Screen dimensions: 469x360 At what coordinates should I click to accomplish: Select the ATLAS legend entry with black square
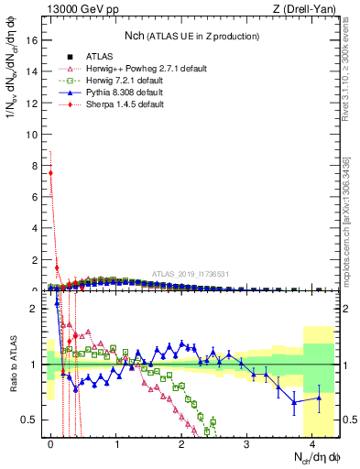95,57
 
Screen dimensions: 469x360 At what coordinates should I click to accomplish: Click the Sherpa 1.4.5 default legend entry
119,104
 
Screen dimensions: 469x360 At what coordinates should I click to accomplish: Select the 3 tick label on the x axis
246,442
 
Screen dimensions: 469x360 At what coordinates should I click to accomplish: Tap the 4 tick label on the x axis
312,442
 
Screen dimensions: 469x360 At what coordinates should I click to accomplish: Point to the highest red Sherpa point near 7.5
50,172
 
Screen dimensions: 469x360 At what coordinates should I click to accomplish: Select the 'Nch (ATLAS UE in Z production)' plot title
192,36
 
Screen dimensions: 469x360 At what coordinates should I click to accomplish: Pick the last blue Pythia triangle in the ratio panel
319,398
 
